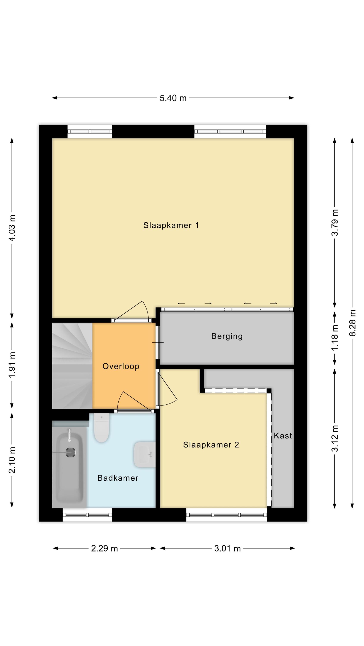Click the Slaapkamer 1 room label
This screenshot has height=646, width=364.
pos(171,225)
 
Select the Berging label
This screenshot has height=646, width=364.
pos(227,336)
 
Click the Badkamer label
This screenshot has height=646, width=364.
pos(118,478)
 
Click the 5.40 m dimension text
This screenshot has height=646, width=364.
pos(173,98)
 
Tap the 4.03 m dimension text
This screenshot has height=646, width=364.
pos(12,228)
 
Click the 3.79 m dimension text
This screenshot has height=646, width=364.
pos(335,222)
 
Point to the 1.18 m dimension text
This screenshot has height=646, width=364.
pos(335,338)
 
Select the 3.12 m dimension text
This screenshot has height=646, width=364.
pos(335,438)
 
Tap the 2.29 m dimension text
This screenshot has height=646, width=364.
pos(105,548)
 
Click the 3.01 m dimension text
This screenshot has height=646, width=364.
pos(227,548)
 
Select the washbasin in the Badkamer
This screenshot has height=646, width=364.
pos(145,455)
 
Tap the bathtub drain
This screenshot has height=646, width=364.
pos(71,452)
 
